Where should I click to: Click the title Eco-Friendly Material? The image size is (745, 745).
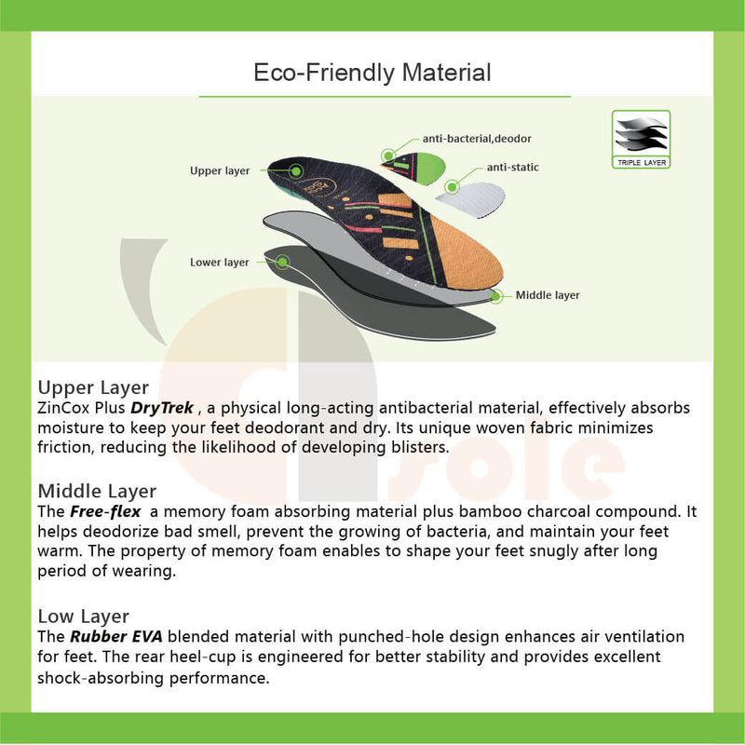click(372, 72)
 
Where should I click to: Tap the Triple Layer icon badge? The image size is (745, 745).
click(641, 139)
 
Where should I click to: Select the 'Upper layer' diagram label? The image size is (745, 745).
click(220, 171)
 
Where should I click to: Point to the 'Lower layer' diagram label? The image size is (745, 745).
click(220, 263)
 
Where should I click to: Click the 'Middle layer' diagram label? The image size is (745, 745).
click(548, 295)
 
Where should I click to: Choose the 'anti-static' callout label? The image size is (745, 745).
click(512, 168)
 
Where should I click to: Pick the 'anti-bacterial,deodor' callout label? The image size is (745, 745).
click(477, 139)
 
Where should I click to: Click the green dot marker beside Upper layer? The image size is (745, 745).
click(296, 170)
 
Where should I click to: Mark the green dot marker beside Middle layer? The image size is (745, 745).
click(497, 295)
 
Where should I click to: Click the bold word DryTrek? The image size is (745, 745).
click(162, 408)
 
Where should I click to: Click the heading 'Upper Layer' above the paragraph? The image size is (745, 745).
click(93, 387)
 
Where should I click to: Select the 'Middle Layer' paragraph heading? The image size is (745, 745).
click(97, 491)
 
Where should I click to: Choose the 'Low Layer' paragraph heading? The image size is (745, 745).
click(83, 616)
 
